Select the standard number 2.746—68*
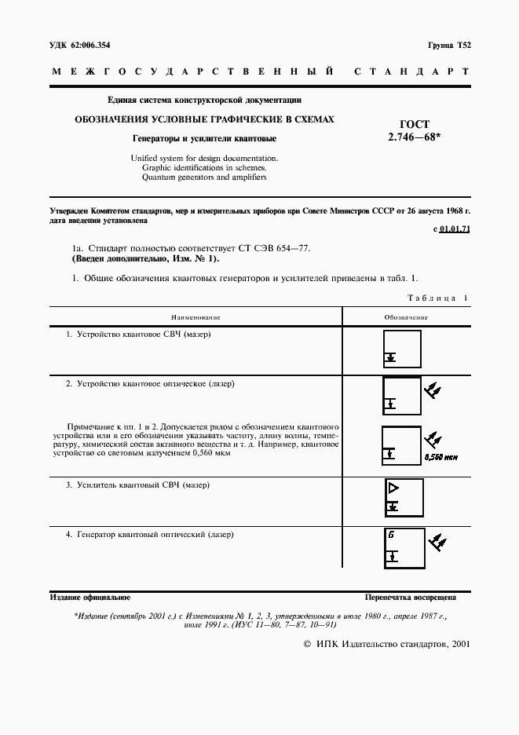415,136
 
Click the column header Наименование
196,317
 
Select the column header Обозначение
406,317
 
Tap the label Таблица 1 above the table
437,298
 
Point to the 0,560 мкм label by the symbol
440,457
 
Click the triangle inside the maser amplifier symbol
393,488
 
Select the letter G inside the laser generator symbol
390,536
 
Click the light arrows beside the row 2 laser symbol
433,389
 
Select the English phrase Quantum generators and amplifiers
204,177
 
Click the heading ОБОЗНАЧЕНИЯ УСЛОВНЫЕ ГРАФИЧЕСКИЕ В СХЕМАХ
204,119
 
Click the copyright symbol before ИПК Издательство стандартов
307,643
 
